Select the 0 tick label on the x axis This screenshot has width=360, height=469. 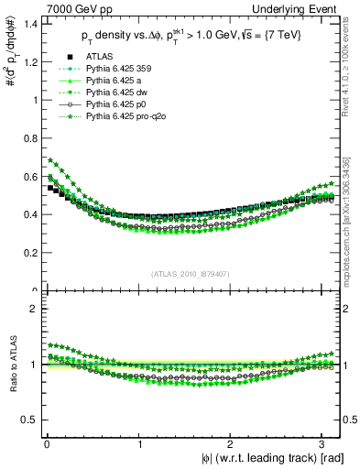[46, 444]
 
